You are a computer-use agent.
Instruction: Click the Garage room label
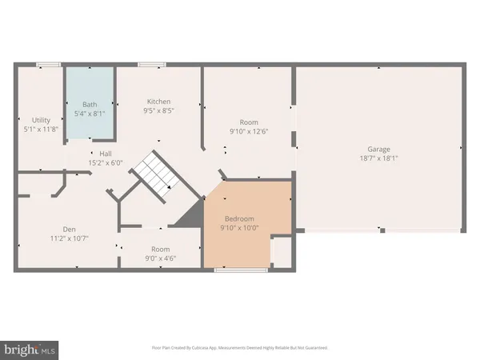(378, 149)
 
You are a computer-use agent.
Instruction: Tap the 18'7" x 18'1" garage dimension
(378, 158)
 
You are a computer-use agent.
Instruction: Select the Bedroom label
(239, 218)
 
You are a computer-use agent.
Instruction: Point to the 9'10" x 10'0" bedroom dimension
(239, 228)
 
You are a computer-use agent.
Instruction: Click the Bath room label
(90, 104)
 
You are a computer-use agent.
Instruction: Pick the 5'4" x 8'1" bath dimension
(90, 114)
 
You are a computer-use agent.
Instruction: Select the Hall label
(106, 153)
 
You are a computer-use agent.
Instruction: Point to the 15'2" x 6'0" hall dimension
(106, 162)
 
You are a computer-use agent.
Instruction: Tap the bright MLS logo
(30, 348)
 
